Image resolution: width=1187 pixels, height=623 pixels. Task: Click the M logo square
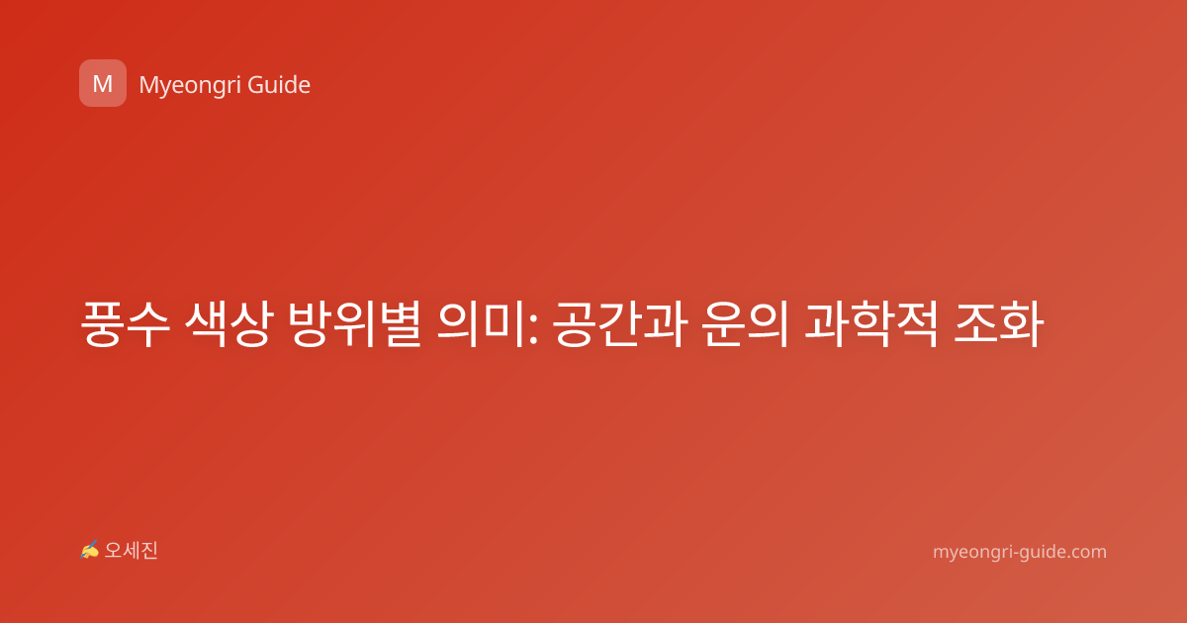103,83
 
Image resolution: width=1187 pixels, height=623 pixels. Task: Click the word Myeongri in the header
188,86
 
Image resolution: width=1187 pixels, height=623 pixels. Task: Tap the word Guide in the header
279,84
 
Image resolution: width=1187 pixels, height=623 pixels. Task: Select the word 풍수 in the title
125,323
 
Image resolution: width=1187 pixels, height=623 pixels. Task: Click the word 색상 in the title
228,323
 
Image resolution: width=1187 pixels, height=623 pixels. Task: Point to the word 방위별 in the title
354,323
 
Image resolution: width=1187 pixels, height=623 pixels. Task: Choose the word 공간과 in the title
619,323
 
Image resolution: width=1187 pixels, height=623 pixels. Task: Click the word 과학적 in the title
870,323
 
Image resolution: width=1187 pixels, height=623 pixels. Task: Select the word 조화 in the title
998,323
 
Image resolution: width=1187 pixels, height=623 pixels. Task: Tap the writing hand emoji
90,550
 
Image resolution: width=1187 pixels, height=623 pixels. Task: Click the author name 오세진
131,551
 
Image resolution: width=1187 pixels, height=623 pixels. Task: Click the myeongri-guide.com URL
1020,552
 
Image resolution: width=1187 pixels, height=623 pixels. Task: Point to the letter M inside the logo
103,84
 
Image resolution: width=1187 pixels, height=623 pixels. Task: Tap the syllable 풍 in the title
103,323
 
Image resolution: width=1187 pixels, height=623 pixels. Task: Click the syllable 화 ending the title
1022,323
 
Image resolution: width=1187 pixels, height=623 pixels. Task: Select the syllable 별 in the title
400,323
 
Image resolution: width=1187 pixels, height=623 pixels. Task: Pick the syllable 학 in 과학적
871,323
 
